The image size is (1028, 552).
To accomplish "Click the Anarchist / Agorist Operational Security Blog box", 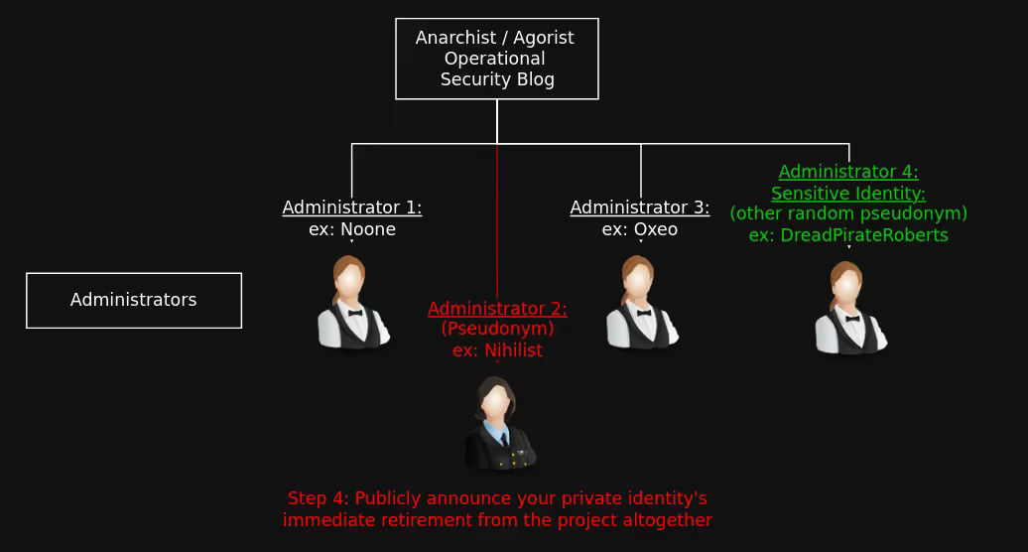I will tap(496, 59).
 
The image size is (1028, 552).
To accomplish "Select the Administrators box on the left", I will tap(134, 300).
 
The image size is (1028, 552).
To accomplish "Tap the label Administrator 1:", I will tap(352, 207).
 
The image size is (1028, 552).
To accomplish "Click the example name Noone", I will tap(368, 229).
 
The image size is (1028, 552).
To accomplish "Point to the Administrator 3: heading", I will tap(640, 207).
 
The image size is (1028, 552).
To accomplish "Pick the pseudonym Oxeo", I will tap(656, 229).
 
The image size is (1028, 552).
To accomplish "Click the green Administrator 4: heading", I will tap(848, 172).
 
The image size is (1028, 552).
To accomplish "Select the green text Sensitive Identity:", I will tap(848, 194).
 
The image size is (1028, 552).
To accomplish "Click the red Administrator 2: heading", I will tap(497, 309).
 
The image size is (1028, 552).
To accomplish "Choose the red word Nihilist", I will tap(513, 350).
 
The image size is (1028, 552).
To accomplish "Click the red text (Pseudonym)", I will tap(497, 329).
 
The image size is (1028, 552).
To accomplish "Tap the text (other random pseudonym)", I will tap(848, 213).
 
